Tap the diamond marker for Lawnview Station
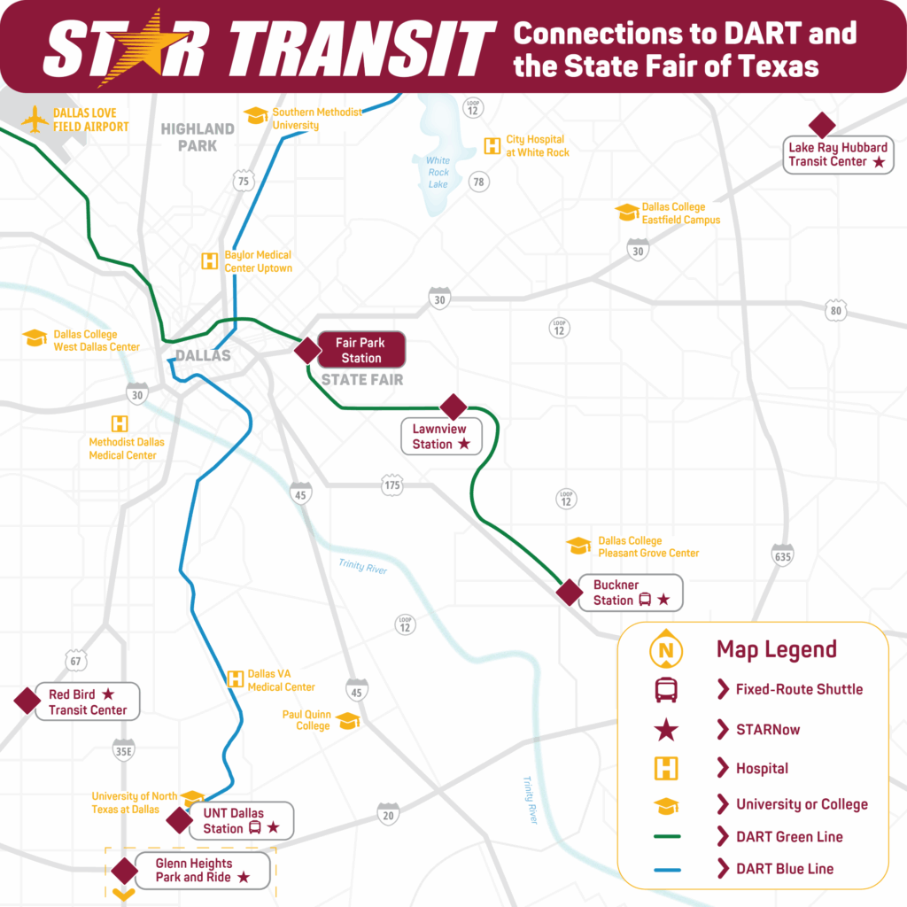453,407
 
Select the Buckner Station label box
631,593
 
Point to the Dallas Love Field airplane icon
35,120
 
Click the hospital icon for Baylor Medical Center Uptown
209,261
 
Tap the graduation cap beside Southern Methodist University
256,116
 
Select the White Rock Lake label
438,173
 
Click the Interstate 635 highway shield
782,555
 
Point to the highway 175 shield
392,485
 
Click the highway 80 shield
834,310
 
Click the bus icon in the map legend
666,689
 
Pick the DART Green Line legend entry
789,837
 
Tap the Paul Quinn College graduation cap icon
348,721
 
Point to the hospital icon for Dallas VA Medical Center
236,679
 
